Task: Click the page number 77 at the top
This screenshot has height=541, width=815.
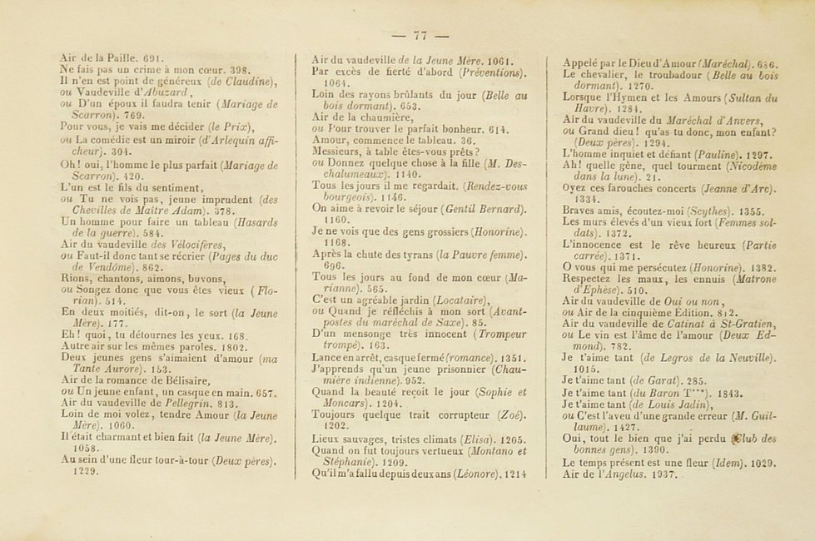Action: click(420, 35)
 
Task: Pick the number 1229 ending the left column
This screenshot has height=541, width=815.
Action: click(86, 470)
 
